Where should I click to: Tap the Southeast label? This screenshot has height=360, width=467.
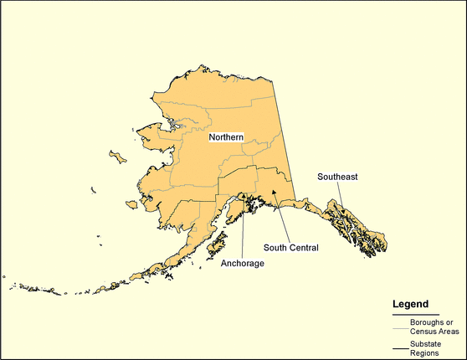coord(337,177)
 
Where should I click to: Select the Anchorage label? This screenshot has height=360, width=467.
coord(243,263)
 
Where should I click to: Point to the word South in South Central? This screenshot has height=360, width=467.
coord(275,247)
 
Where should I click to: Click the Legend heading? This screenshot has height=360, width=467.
coord(411,303)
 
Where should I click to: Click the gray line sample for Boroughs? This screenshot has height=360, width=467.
coord(400,322)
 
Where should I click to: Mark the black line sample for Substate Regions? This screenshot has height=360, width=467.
coord(400,347)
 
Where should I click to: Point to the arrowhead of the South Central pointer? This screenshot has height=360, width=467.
coord(270,192)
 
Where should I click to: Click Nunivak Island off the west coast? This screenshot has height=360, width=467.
coord(131,203)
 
